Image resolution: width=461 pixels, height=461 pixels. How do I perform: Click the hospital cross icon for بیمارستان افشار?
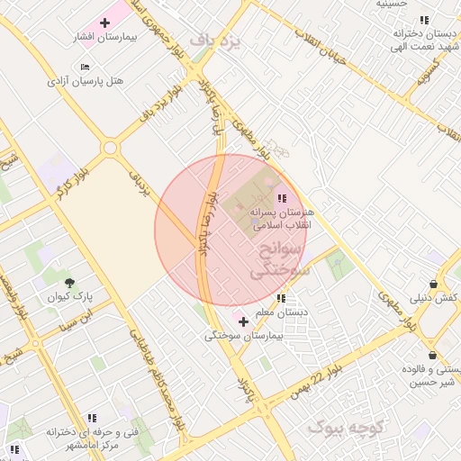point(105,22)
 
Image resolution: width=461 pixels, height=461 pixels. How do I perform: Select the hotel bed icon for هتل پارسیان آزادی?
point(86,67)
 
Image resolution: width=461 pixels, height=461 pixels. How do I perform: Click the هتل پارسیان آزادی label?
point(86,81)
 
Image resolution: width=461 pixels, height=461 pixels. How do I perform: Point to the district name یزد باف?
point(212,39)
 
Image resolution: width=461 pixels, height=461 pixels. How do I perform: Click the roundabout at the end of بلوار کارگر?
point(110,148)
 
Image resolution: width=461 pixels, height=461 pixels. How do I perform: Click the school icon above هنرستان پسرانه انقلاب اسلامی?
point(282,198)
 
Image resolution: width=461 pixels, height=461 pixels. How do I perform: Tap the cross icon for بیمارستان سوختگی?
point(243,321)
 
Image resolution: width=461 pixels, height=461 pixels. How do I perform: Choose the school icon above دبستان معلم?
point(282,298)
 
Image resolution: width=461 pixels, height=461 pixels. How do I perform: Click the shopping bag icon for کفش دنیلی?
point(434,284)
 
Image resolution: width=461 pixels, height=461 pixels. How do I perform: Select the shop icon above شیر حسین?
point(434,355)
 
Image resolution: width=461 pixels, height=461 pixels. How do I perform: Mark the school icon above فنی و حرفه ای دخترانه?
point(90,418)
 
